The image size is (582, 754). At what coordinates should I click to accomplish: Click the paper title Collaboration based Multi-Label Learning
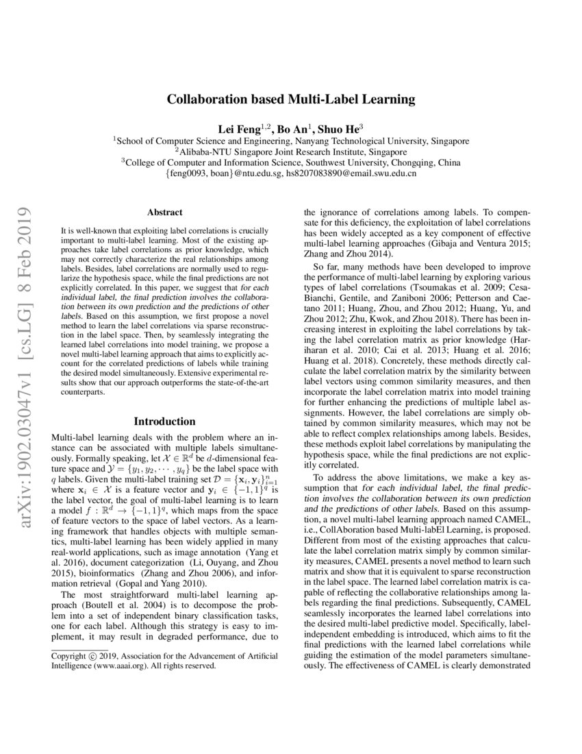point(291,99)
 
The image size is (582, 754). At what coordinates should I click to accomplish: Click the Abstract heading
point(164,213)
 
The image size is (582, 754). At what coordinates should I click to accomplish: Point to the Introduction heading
point(164,421)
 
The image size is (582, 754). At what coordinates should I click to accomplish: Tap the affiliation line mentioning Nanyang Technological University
point(291,141)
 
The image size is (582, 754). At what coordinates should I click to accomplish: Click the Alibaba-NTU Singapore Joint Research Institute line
point(291,151)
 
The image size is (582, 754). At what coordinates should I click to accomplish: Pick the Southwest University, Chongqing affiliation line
point(291,162)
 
